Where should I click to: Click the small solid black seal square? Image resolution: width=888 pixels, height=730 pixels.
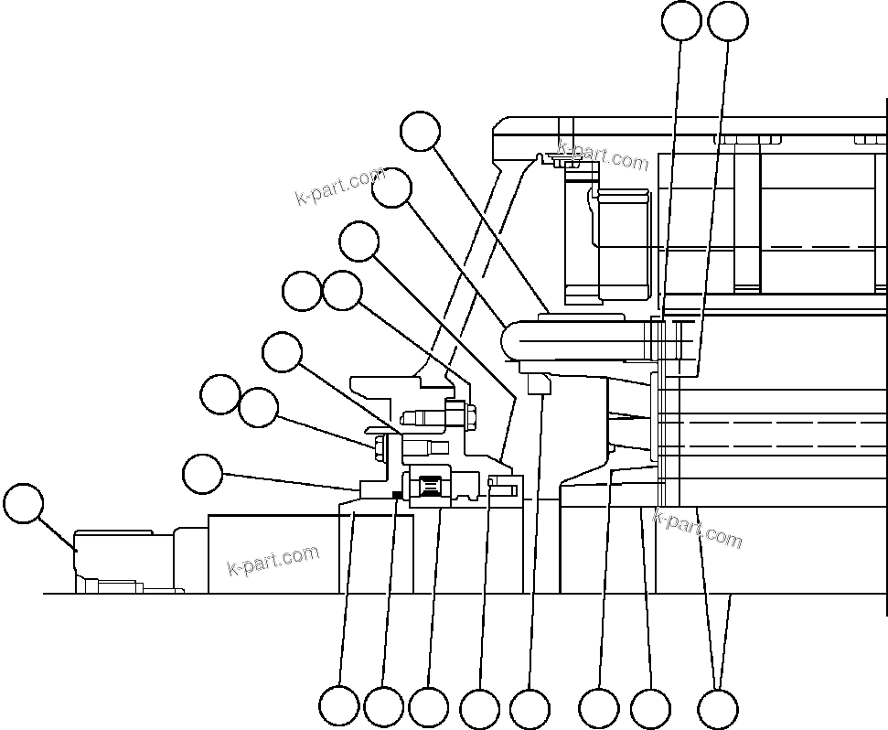tap(396, 495)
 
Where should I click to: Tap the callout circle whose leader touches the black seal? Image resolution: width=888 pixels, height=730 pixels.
tap(383, 707)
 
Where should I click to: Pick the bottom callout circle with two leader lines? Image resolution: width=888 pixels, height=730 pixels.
tap(718, 708)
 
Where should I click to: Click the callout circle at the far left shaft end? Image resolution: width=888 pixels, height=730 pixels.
tap(24, 505)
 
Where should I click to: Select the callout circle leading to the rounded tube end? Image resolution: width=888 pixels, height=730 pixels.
tap(392, 188)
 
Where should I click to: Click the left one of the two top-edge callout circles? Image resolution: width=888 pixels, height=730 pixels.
tap(681, 21)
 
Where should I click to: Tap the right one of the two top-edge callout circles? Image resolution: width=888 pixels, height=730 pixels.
tap(729, 21)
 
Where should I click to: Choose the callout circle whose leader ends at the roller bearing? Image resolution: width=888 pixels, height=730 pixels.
tap(429, 707)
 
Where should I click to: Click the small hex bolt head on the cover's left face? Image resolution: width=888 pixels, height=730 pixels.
tap(376, 446)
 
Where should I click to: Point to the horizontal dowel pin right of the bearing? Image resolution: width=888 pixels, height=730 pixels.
tap(502, 481)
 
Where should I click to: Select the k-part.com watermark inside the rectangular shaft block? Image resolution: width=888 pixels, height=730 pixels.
tap(273, 560)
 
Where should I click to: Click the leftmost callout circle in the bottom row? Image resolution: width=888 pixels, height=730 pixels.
tap(338, 707)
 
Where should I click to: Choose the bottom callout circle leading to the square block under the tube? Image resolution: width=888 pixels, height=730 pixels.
tap(530, 709)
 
